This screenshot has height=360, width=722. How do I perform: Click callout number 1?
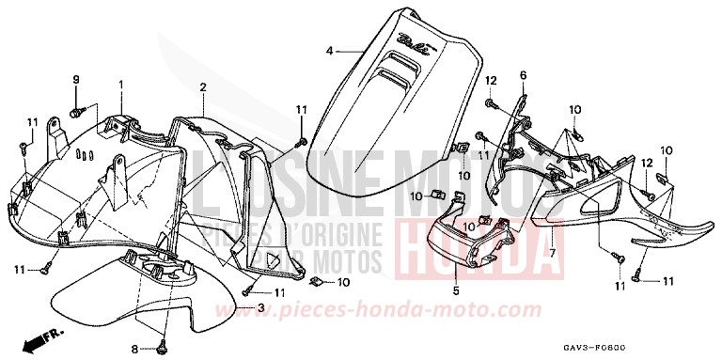(x=121, y=86)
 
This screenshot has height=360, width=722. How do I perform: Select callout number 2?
(x=202, y=87)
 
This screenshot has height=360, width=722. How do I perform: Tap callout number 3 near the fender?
(x=260, y=307)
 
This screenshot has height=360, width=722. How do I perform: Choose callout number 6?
(x=523, y=75)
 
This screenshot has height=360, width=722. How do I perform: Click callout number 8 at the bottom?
(x=134, y=349)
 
